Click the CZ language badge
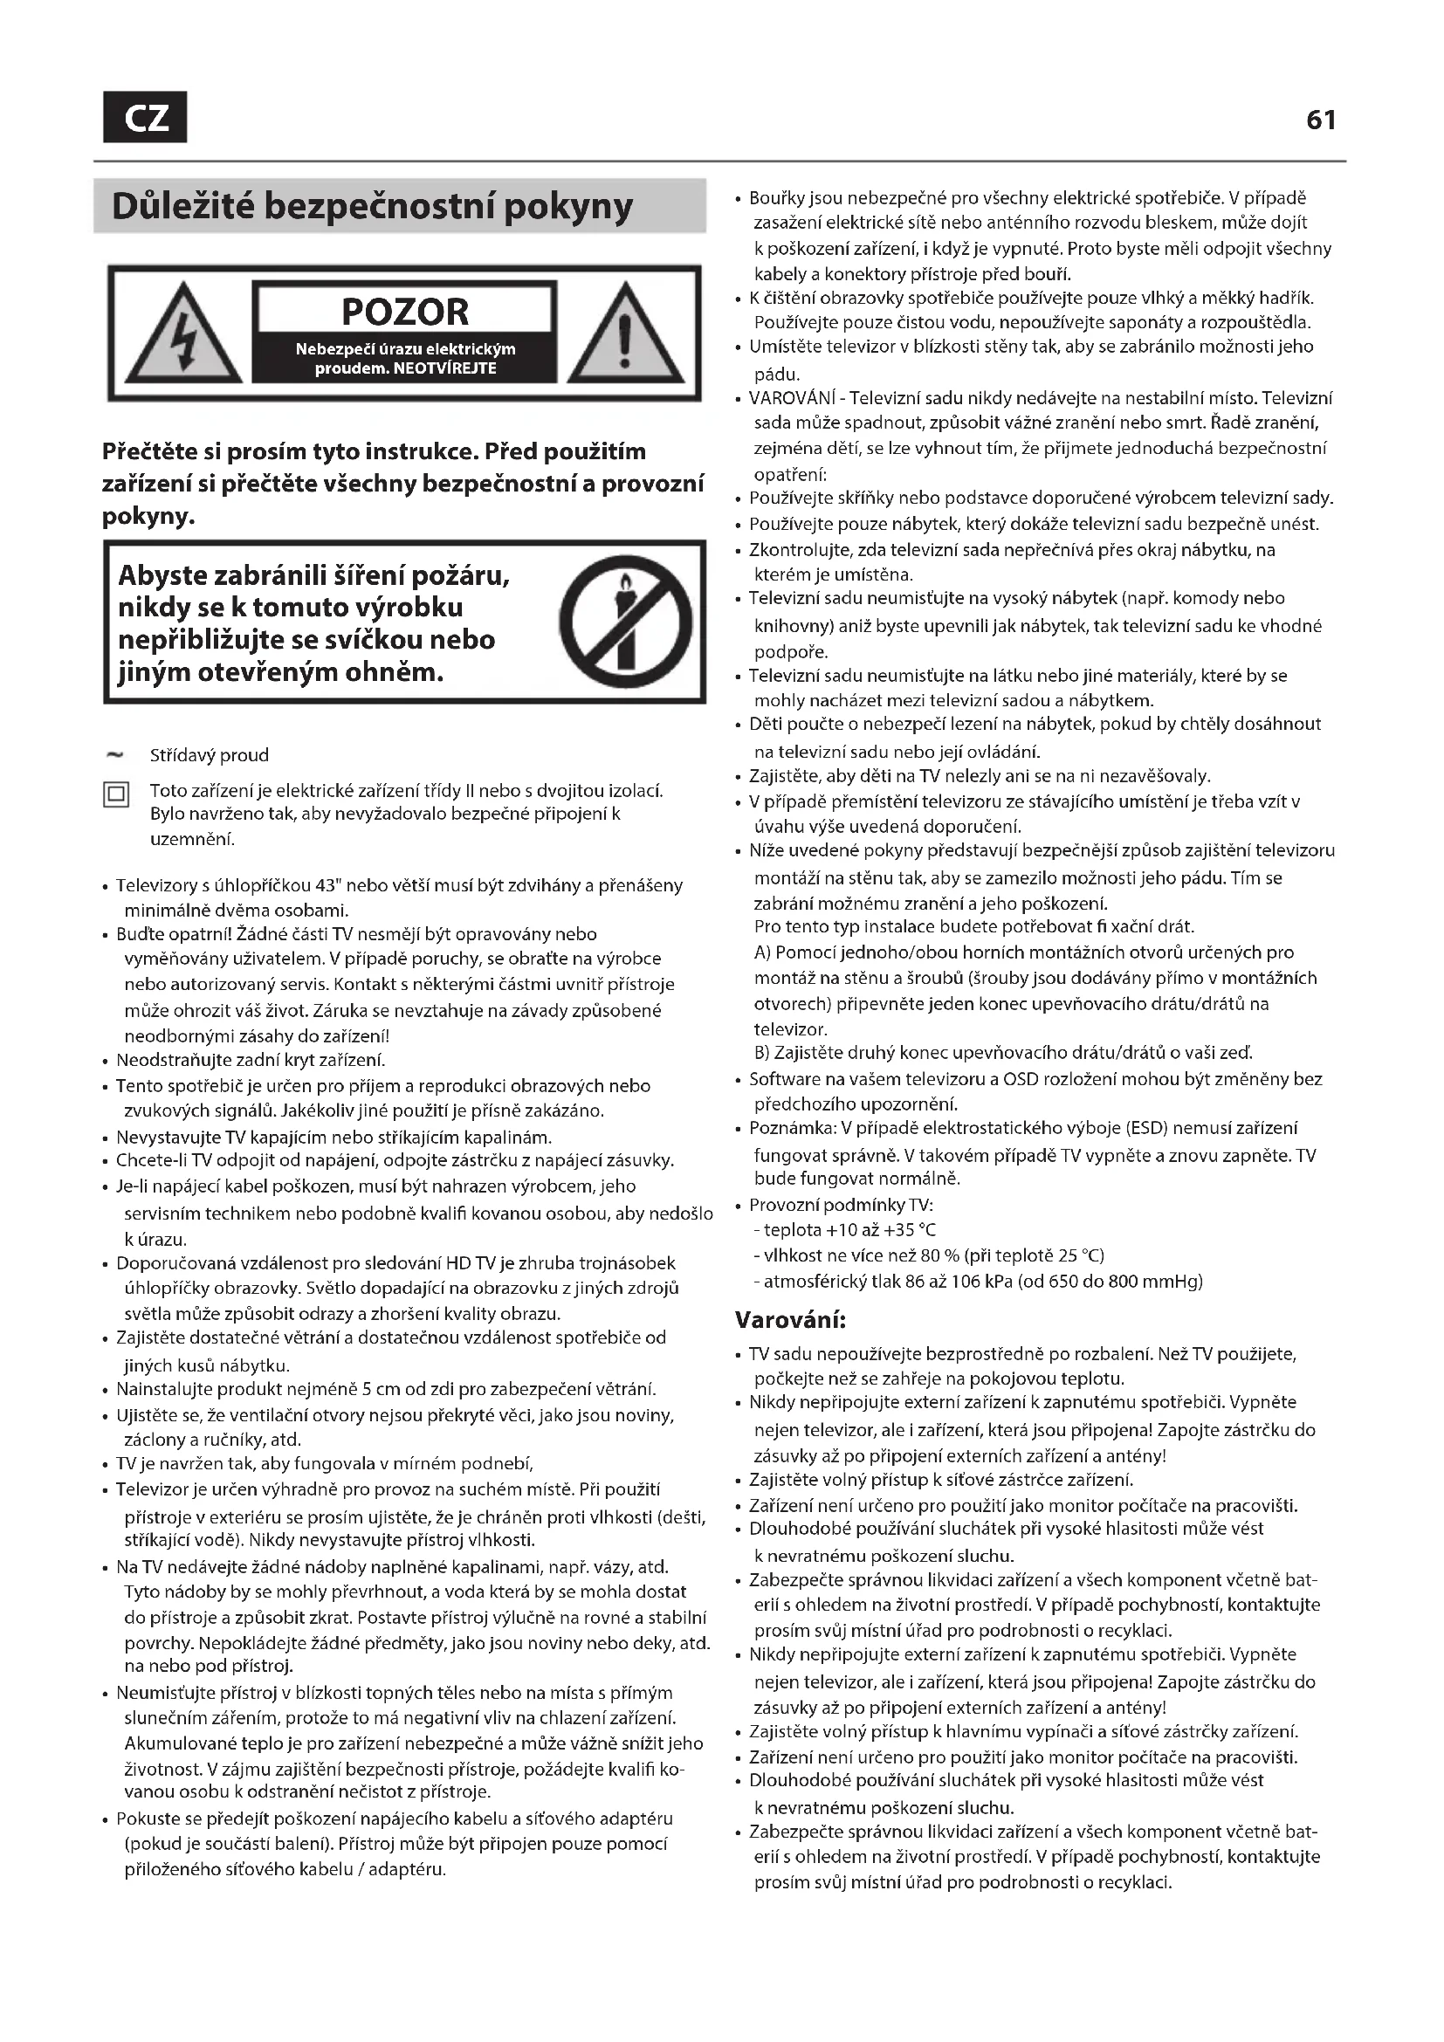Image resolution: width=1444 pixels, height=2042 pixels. tap(145, 117)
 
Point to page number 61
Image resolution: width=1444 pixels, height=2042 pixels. tap(1320, 120)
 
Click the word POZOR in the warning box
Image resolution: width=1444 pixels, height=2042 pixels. tap(404, 313)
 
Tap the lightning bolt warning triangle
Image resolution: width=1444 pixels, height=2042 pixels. tap(184, 335)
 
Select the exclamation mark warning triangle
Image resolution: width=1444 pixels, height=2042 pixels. tap(625, 335)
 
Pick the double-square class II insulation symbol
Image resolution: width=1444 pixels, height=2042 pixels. tap(115, 794)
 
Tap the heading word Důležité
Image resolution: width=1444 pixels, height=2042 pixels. tap(182, 206)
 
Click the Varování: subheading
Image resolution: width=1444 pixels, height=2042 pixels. tap(789, 1319)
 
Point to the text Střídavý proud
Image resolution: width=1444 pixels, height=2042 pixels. tap(209, 755)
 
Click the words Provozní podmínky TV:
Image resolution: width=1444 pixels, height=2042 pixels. tap(840, 1205)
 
